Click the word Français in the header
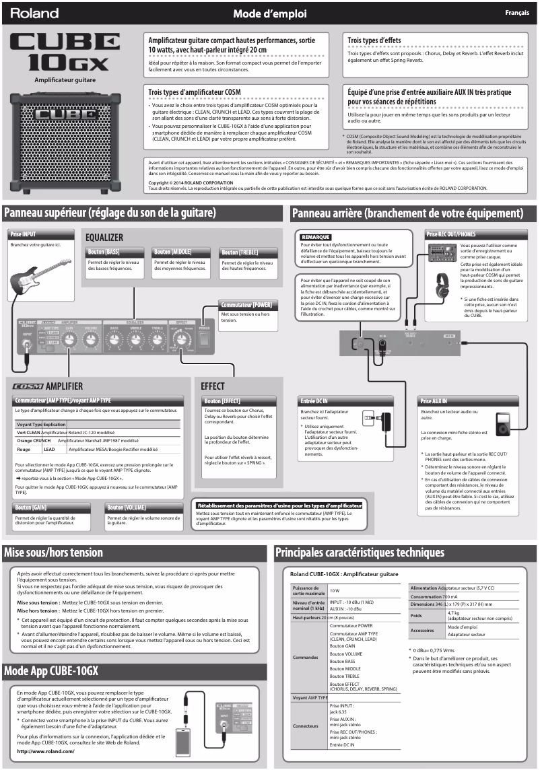point(516,13)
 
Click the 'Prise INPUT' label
point(24,234)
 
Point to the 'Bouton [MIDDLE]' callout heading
point(172,252)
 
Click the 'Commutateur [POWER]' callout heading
point(247,305)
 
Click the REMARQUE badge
point(315,237)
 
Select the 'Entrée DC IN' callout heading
point(314,401)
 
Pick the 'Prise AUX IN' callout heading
point(434,401)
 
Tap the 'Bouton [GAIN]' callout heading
point(31,508)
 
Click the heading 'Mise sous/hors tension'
point(54,553)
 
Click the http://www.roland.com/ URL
point(46,751)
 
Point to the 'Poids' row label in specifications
point(416,615)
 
